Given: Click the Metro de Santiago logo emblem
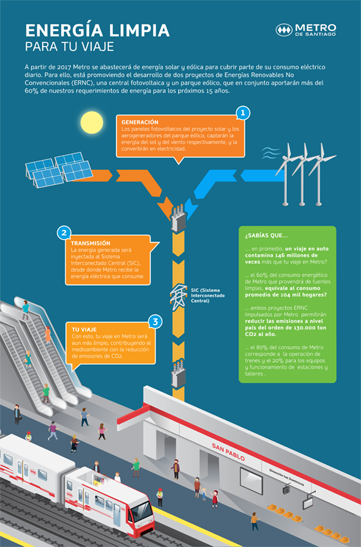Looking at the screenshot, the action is (284, 30).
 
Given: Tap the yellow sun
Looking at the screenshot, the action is (92, 122).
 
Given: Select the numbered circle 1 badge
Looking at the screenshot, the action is (243, 113).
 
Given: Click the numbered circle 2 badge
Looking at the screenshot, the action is (64, 233).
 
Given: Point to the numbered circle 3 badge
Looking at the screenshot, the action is (155, 321).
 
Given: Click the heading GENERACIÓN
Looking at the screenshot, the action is (140, 122).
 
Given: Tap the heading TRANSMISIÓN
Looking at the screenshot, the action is (91, 243).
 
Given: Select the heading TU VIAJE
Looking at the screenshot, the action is (84, 329).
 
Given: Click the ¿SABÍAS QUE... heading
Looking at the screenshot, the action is (266, 235).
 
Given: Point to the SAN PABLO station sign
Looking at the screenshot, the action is (228, 452).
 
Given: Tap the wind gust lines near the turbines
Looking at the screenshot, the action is (271, 153).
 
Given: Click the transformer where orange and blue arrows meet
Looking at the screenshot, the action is (179, 218).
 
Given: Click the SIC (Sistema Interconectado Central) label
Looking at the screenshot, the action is (208, 295).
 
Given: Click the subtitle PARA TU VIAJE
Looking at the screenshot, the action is (70, 46).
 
